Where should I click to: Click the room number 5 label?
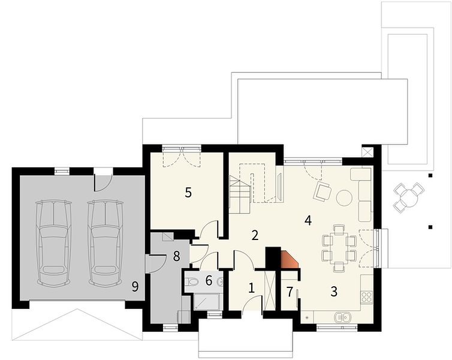point(188,193)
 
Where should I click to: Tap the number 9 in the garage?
point(135,287)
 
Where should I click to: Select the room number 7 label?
point(290,292)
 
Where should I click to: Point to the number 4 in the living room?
point(308,221)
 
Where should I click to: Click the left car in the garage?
point(53,243)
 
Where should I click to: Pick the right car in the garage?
point(106,243)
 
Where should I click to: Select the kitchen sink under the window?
point(343,317)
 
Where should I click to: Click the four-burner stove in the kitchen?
point(367,297)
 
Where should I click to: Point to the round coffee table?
point(344,197)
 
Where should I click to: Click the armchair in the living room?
point(322,191)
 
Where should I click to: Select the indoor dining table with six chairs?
point(339,248)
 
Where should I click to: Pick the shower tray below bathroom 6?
point(206,302)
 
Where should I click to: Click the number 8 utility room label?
point(176,256)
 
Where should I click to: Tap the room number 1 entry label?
point(251,288)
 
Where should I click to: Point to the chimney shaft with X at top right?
point(367,152)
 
